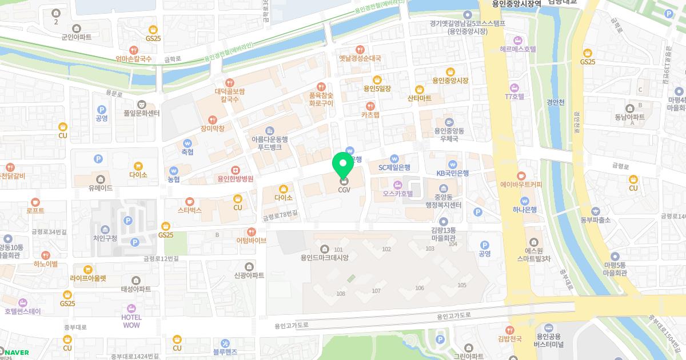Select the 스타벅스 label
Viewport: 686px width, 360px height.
point(190,210)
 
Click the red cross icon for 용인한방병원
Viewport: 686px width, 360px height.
point(235,170)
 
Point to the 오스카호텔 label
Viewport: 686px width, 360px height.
point(398,193)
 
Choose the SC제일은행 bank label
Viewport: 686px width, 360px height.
point(394,167)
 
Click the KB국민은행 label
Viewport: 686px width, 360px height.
point(452,173)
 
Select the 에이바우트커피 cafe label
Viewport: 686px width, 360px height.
point(521,184)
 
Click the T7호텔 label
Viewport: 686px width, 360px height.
point(514,97)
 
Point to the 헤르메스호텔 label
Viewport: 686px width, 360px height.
point(517,49)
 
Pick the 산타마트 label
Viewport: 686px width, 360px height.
point(420,98)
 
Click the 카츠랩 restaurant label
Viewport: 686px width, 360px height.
point(370,114)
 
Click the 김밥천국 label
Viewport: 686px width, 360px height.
point(509,339)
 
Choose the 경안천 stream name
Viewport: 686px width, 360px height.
point(555,102)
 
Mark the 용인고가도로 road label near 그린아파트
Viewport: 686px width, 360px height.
point(452,317)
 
